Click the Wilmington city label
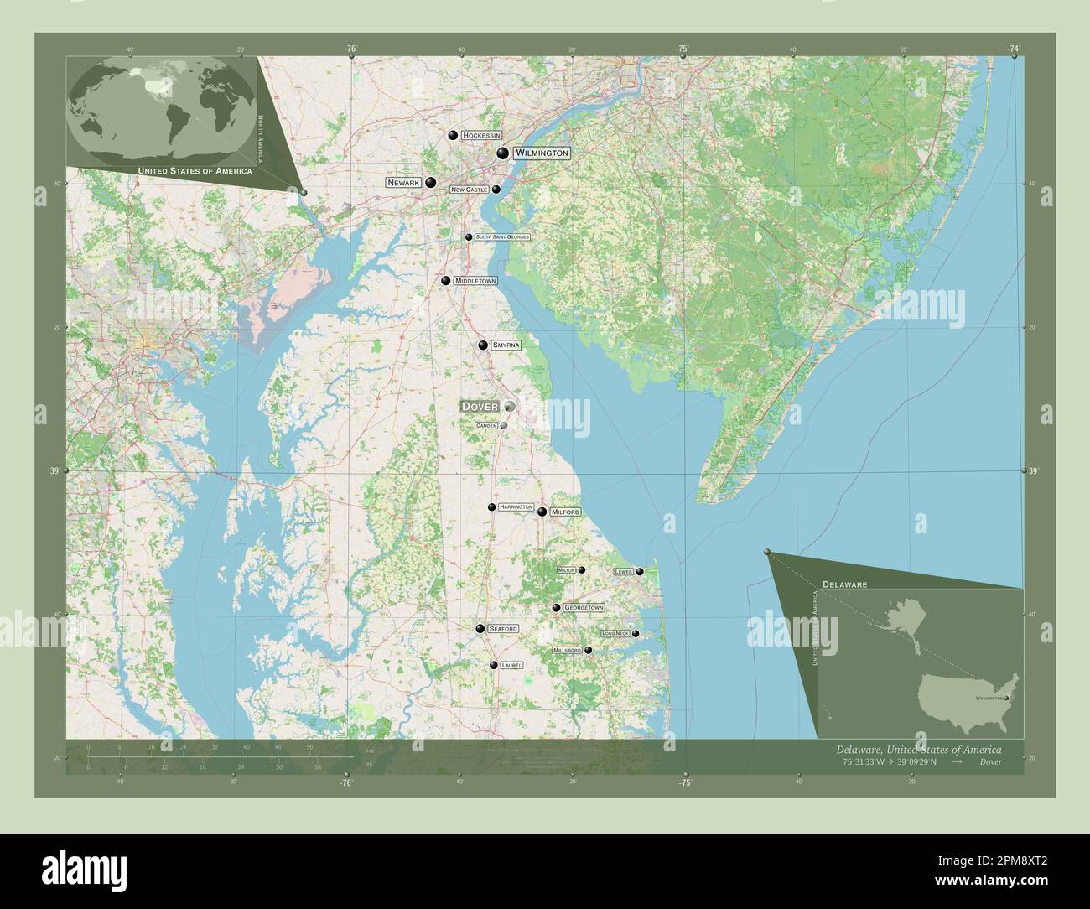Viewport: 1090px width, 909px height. (542, 153)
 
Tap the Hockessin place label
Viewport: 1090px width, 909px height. (481, 135)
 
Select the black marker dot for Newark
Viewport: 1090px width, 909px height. (430, 182)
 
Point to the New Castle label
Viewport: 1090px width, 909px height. (469, 190)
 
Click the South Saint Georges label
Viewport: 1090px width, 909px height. (502, 237)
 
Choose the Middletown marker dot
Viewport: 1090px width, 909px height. (446, 281)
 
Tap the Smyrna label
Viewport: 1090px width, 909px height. (506, 345)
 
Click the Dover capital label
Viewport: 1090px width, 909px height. (480, 407)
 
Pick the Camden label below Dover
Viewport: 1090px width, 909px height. (486, 426)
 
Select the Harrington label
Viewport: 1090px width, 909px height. (516, 507)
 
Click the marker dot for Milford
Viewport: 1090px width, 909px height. (542, 512)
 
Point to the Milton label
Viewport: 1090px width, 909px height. (567, 570)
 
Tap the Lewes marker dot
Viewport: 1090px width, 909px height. (640, 572)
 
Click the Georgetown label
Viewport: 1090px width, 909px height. (584, 607)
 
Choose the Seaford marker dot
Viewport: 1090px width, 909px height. (480, 628)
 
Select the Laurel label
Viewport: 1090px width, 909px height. (511, 665)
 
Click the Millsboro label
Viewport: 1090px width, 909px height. (567, 650)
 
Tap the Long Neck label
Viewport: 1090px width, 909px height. (615, 633)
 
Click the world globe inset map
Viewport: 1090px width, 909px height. (163, 109)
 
